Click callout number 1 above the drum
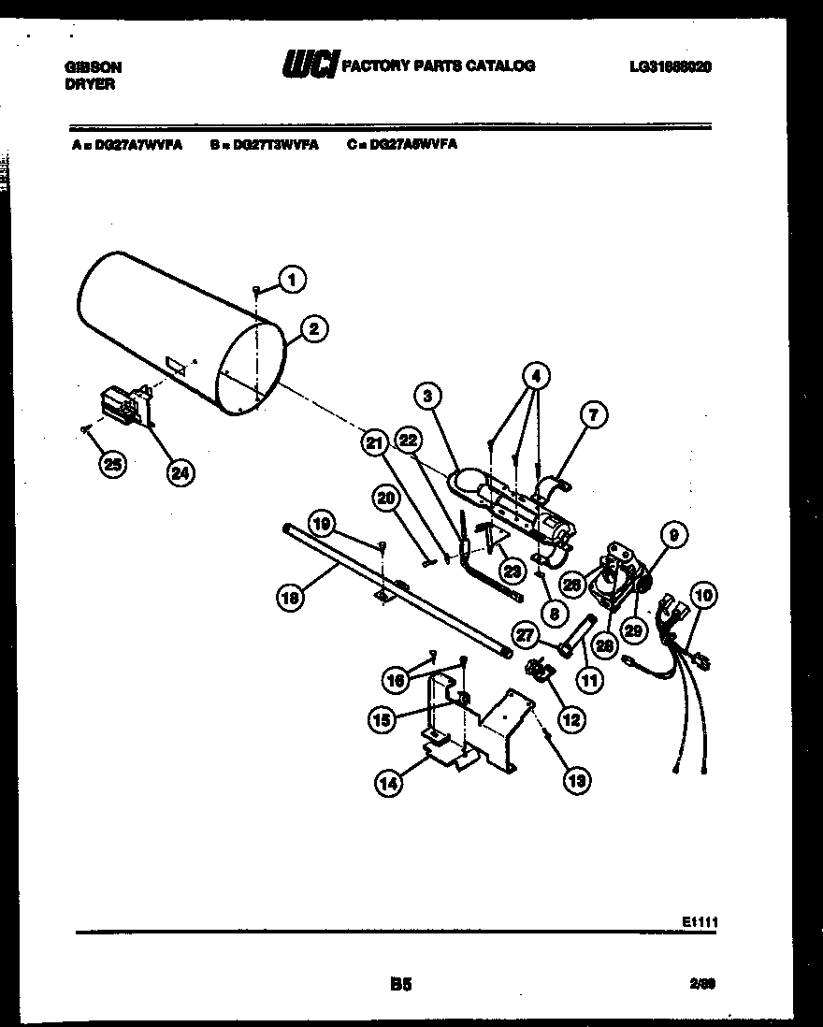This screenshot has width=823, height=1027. pyautogui.click(x=292, y=278)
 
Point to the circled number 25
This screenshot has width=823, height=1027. pyautogui.click(x=113, y=465)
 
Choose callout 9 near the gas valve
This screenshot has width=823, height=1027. pyautogui.click(x=673, y=535)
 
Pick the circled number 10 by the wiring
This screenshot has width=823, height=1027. pyautogui.click(x=703, y=593)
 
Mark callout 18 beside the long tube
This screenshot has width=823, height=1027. pyautogui.click(x=291, y=599)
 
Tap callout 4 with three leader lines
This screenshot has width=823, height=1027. pyautogui.click(x=535, y=377)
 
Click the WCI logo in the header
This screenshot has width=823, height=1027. pyautogui.click(x=309, y=65)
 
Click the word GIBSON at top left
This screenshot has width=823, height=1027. pyautogui.click(x=94, y=67)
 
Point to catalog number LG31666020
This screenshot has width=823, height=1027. pyautogui.click(x=671, y=66)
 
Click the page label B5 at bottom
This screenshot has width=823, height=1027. pyautogui.click(x=400, y=983)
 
